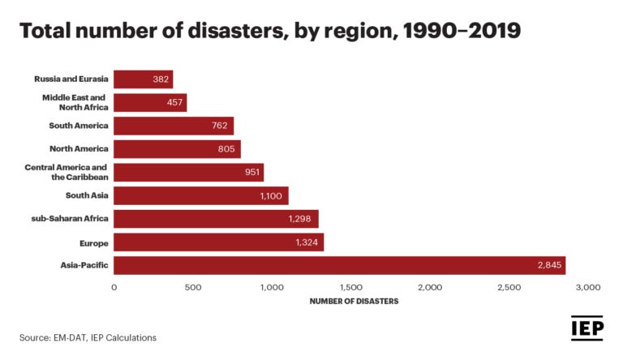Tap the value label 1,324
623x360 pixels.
(307, 242)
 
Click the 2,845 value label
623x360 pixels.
(548, 265)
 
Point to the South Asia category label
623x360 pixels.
(86, 195)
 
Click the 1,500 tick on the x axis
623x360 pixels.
(350, 287)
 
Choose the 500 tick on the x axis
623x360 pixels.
(192, 287)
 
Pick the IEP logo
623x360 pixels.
(588, 328)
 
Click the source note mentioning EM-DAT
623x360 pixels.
(88, 337)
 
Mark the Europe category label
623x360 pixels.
(93, 242)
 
